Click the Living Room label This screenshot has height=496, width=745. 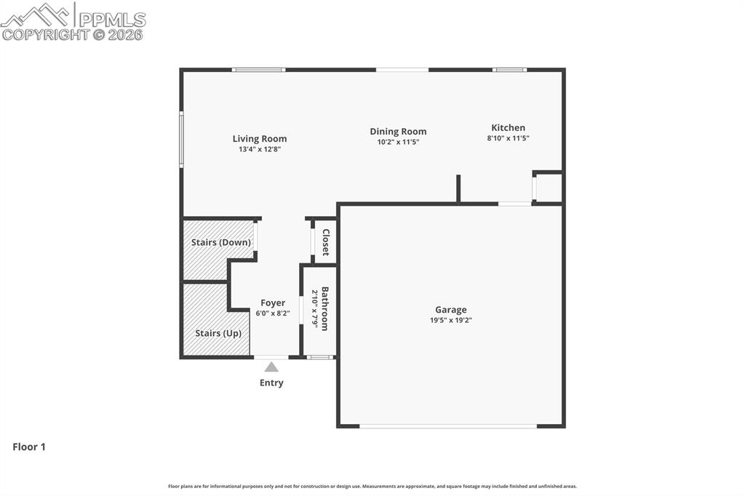[x=260, y=138]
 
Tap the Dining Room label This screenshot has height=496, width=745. [x=398, y=132]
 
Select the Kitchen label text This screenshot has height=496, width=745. [x=508, y=127]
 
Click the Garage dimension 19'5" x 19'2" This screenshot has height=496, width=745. [x=450, y=320]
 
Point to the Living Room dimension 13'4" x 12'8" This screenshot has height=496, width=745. [x=260, y=149]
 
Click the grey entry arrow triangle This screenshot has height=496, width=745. [x=271, y=367]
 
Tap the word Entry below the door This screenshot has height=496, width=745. [x=271, y=383]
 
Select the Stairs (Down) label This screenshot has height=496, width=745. [x=220, y=242]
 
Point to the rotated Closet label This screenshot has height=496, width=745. [x=325, y=242]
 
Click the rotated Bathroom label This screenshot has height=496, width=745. [x=325, y=309]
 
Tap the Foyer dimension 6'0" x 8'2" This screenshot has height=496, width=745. [x=273, y=313]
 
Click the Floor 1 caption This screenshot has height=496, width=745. [x=29, y=447]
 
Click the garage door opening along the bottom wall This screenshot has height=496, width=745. [x=447, y=426]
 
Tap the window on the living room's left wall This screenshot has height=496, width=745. [x=181, y=140]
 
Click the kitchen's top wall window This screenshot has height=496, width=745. [x=509, y=70]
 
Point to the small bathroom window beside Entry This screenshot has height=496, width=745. [x=319, y=357]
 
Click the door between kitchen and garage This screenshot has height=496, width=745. [x=514, y=204]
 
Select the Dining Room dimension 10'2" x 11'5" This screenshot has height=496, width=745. [x=398, y=142]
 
